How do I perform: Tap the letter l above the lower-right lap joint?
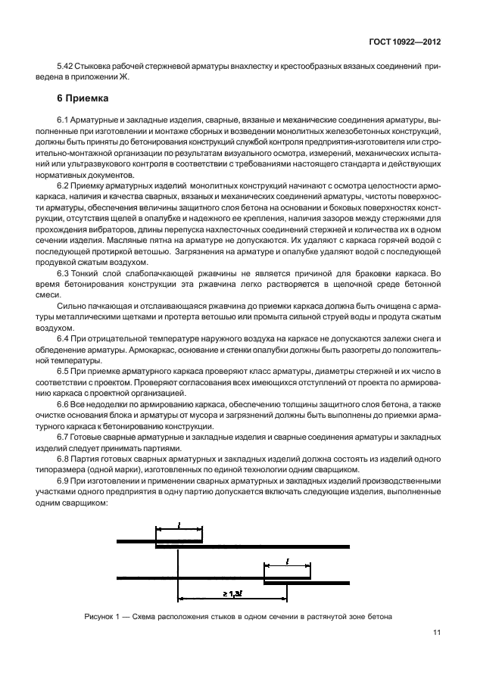coord(288,561)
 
